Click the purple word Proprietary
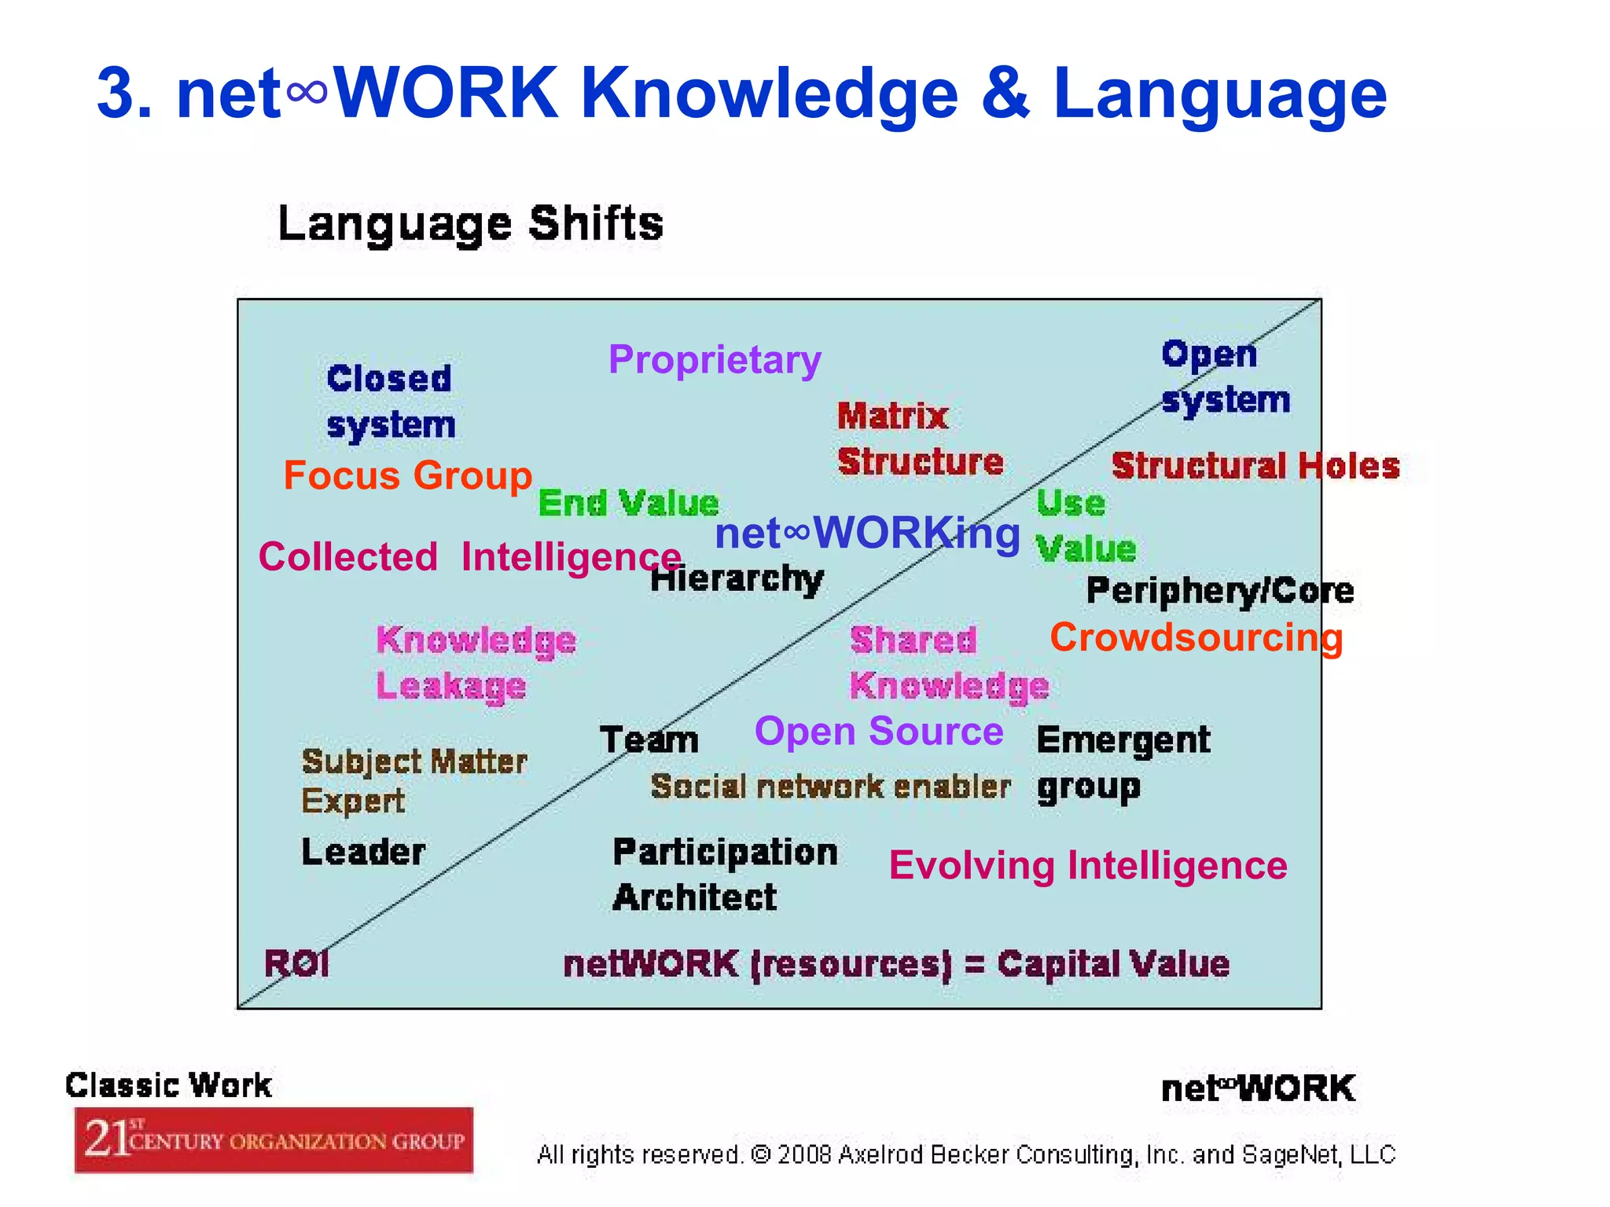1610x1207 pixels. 715,360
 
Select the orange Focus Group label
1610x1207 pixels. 407,475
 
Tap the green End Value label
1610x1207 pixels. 628,503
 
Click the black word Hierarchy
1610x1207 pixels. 737,580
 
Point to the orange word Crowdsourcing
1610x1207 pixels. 1196,637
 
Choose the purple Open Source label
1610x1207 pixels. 879,732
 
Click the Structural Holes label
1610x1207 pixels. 1255,466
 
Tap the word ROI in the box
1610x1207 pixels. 296,963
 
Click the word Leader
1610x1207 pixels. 363,852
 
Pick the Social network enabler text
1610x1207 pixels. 830,787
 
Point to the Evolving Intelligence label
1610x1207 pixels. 1088,865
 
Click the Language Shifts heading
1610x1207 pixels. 470,224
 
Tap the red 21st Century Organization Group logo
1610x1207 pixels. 274,1139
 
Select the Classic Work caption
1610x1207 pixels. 168,1085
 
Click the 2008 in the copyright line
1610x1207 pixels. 804,1154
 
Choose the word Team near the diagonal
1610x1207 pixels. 649,740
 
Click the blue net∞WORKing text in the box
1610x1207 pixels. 867,534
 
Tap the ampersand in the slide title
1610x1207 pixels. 1005,94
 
